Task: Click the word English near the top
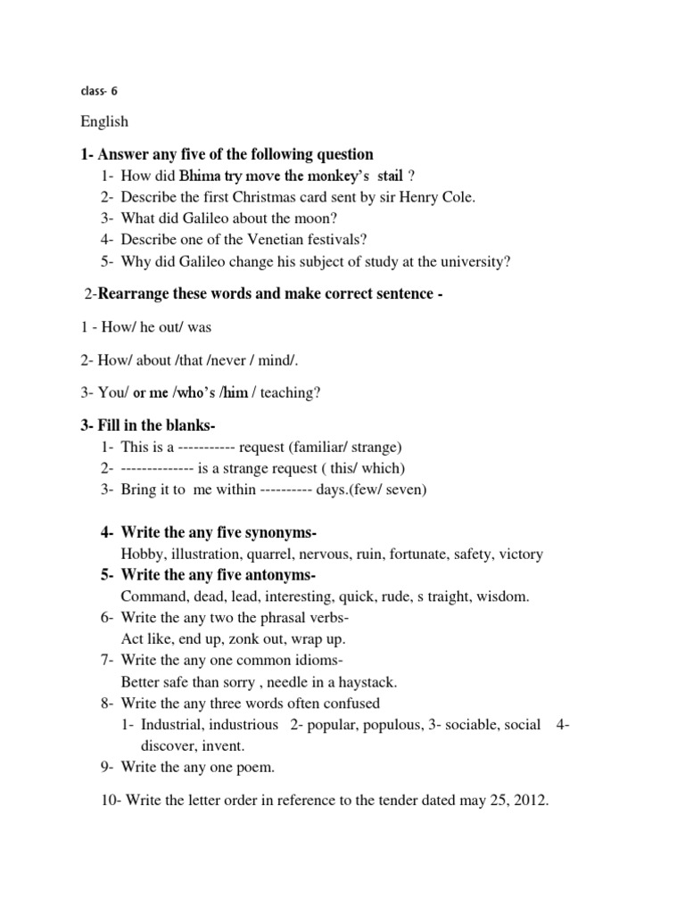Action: point(104,121)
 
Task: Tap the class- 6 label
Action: point(99,90)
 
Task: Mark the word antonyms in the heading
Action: point(279,575)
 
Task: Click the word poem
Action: point(255,768)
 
